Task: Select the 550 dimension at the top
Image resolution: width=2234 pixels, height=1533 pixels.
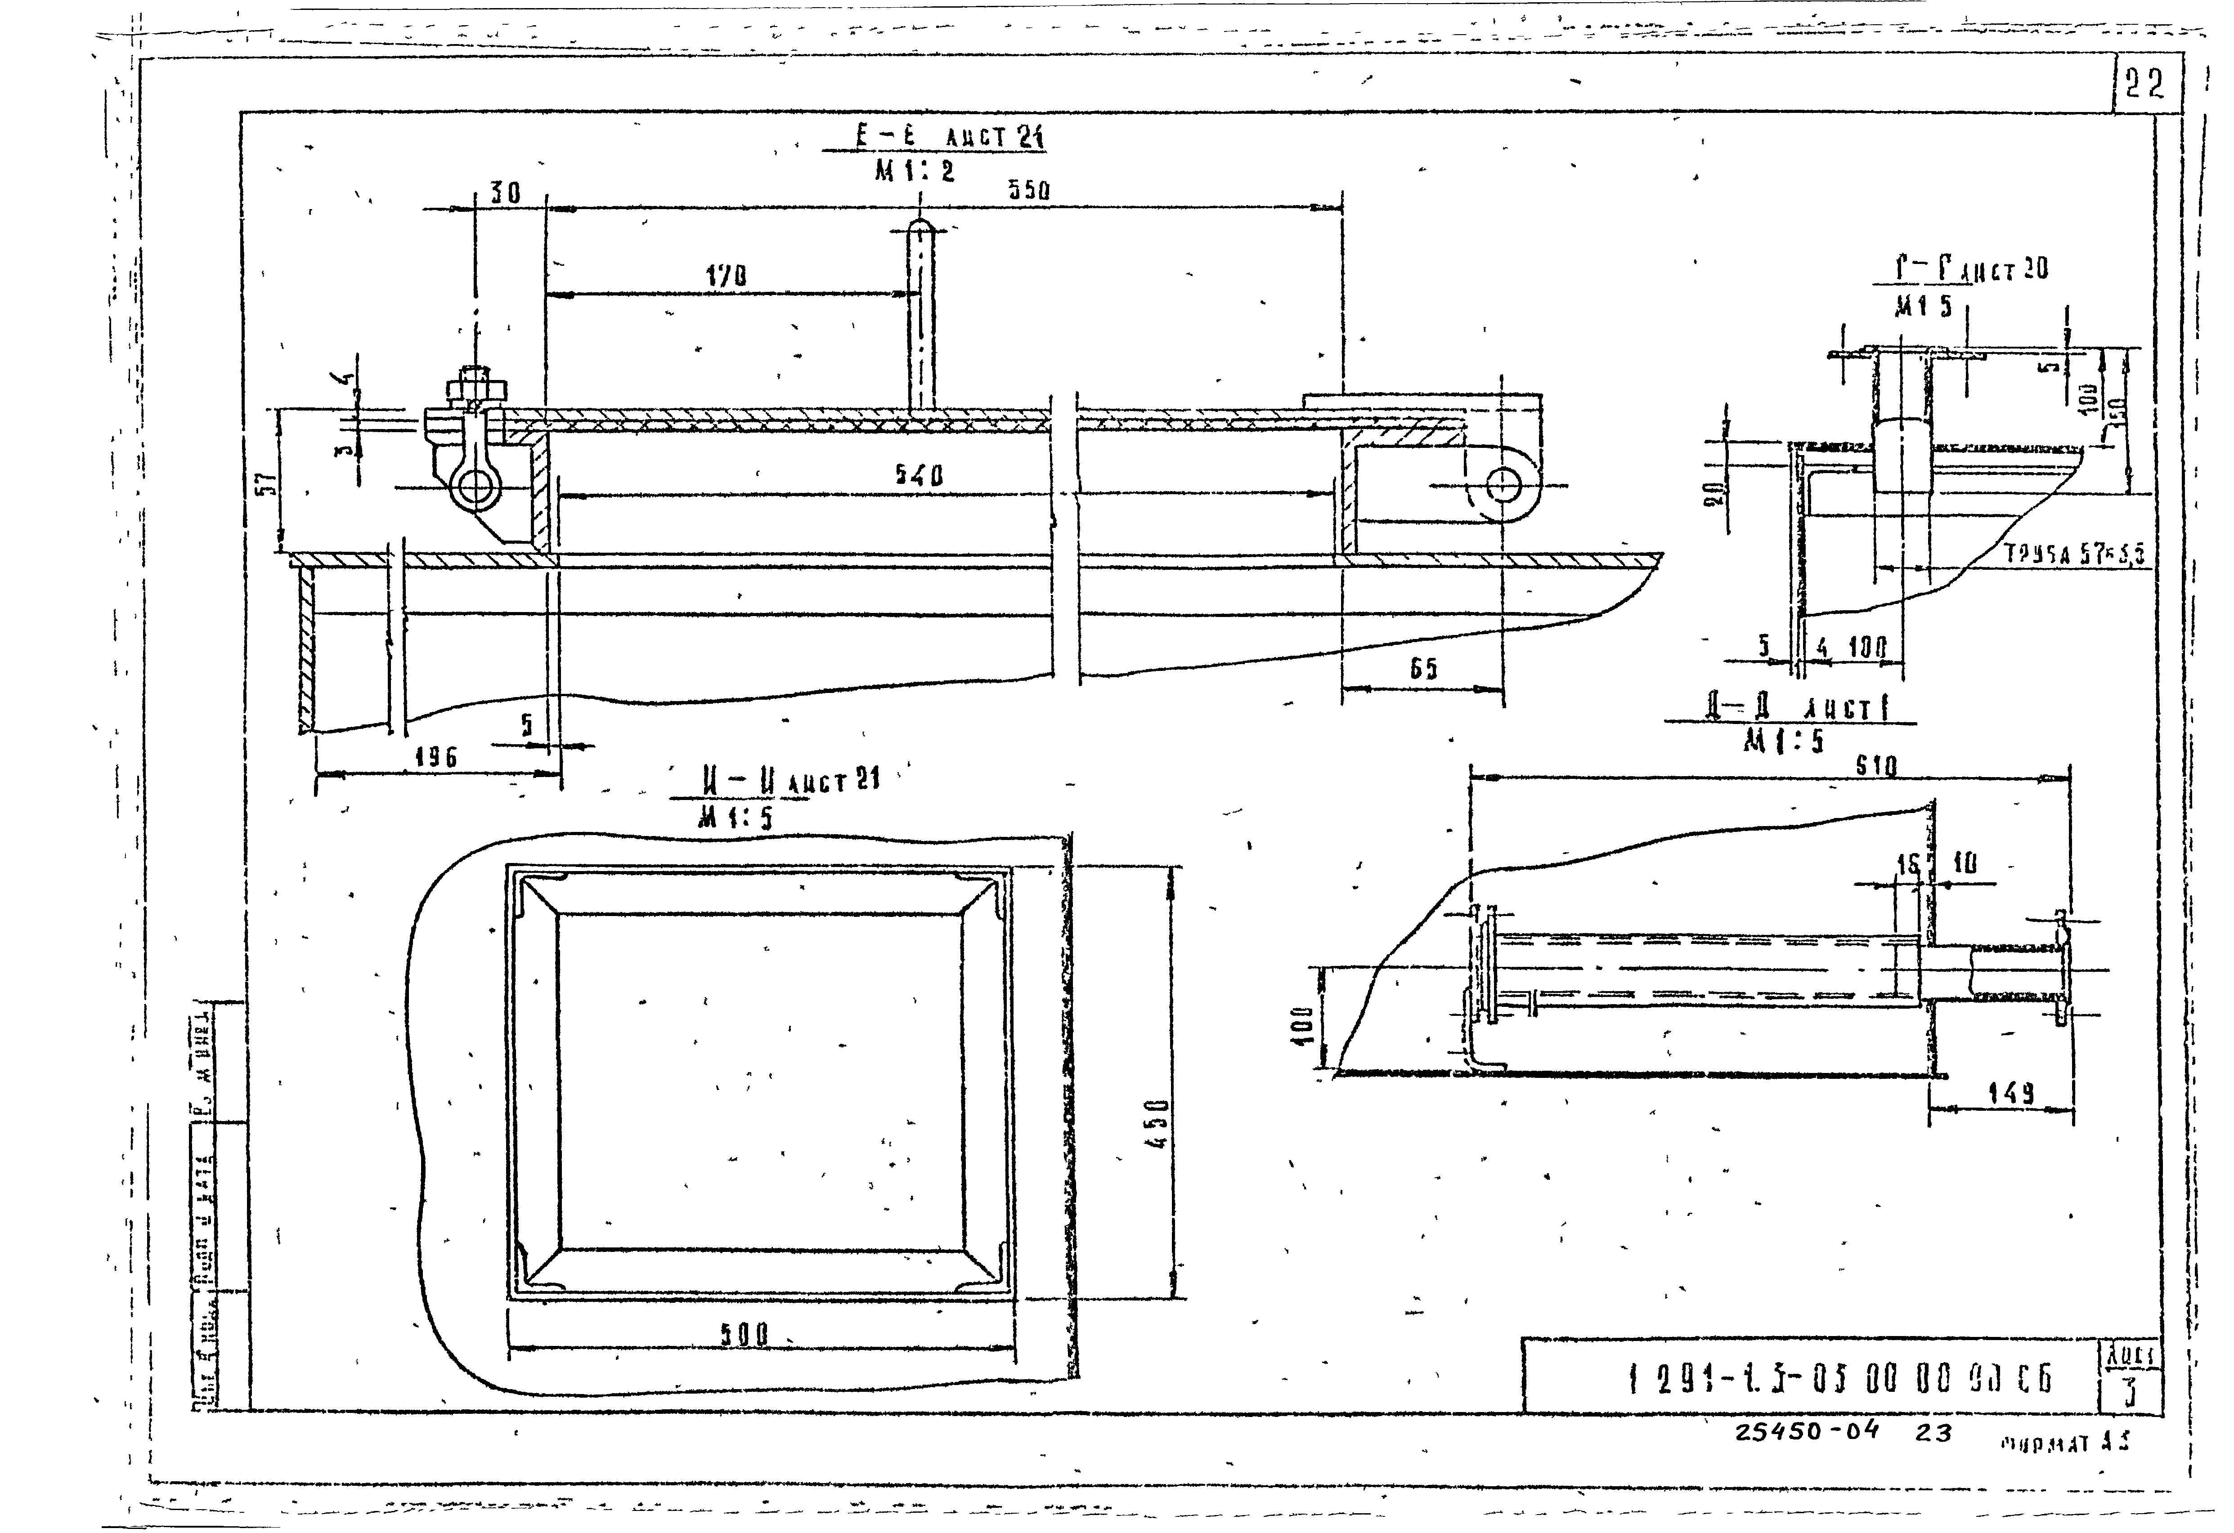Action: (1028, 191)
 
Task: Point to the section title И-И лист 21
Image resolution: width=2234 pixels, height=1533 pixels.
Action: (788, 780)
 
